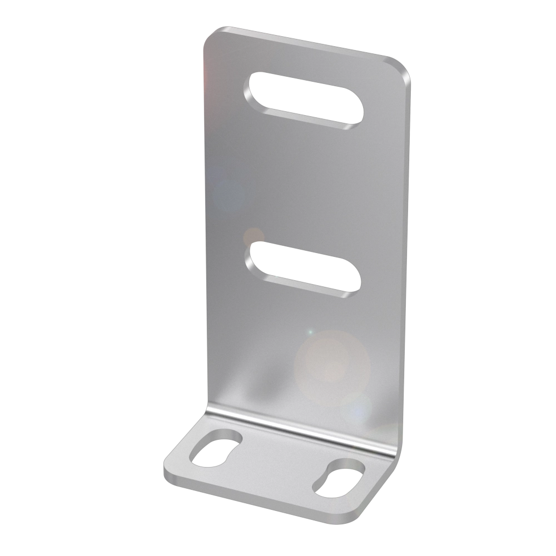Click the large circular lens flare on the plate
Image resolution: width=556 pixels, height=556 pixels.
coord(331,361)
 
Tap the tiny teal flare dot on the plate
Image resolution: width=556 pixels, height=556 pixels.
coord(310,332)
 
